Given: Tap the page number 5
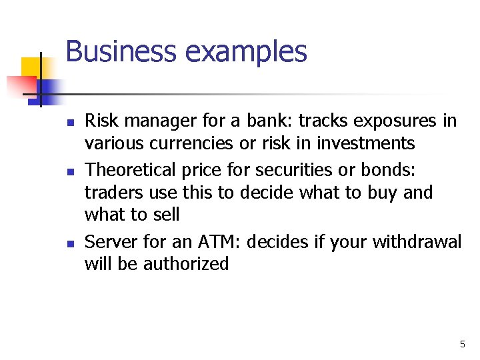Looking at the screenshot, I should click(x=462, y=344).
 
